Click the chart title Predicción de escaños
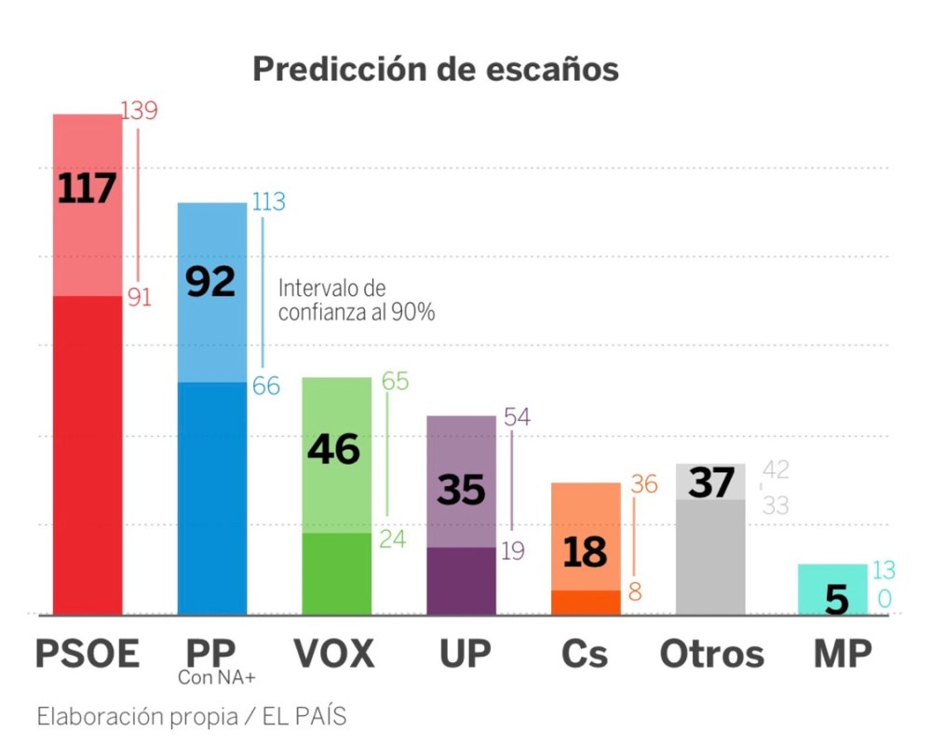click(436, 70)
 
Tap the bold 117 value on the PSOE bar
click(87, 189)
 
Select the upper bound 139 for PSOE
click(140, 111)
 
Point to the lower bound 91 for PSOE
click(139, 298)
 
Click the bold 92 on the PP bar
click(211, 281)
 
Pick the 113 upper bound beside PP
click(268, 202)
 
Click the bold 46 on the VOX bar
click(334, 449)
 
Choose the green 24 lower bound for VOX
click(393, 539)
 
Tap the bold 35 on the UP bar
click(462, 490)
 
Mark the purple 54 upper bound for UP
click(517, 417)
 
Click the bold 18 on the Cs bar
click(585, 553)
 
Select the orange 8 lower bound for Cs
click(636, 592)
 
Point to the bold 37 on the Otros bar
click(710, 484)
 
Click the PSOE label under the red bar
click(87, 655)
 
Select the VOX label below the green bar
click(334, 655)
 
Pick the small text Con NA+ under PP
click(217, 679)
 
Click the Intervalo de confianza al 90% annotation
click(357, 301)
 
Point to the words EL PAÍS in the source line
click(304, 717)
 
